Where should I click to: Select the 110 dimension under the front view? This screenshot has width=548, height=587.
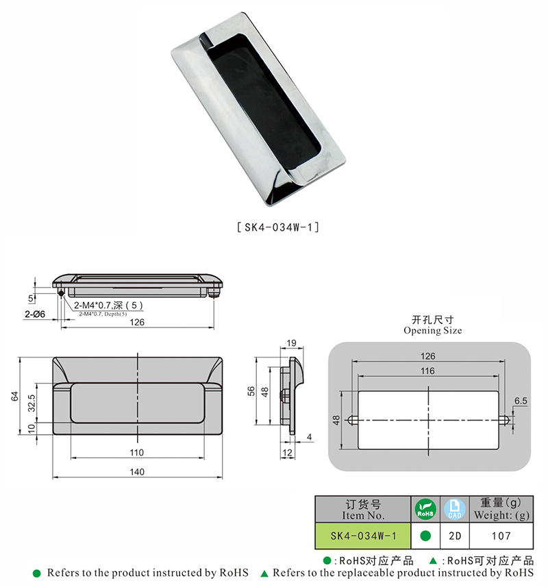[x=138, y=453]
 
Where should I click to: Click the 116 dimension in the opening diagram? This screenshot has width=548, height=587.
[x=428, y=371]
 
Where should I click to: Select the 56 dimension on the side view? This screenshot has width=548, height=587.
[x=252, y=391]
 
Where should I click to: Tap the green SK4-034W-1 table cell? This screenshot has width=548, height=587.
[x=361, y=534]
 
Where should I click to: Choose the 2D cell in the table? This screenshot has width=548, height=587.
[x=452, y=534]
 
